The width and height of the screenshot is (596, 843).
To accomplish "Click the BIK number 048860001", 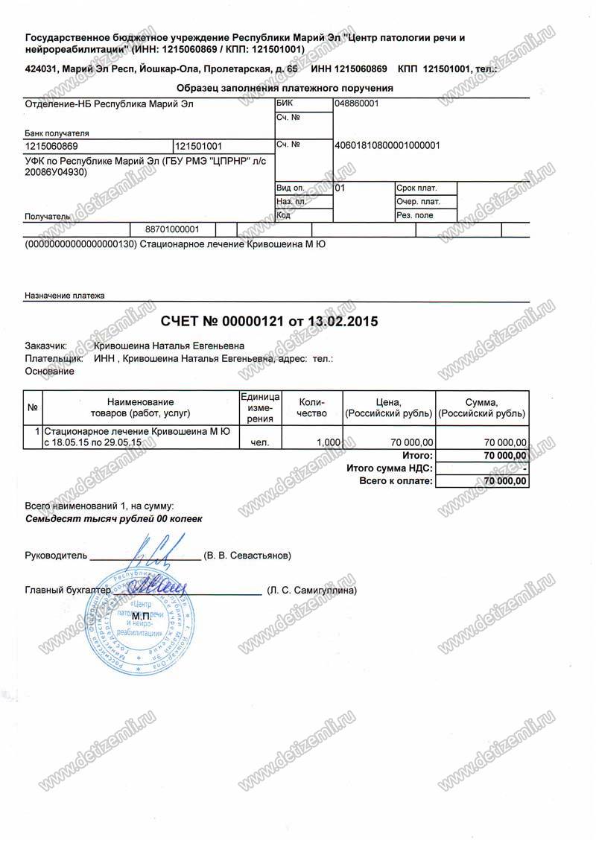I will tap(358, 104).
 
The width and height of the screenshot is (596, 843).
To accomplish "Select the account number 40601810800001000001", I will tap(388, 145).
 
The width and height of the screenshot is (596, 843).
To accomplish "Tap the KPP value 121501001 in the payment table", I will tap(198, 147).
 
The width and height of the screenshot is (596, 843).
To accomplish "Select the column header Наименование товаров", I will tap(140, 407).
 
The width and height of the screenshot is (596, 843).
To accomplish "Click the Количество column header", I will tap(311, 407).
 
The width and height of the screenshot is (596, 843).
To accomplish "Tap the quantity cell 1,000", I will tap(329, 442).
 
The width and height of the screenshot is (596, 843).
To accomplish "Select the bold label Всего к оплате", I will tap(396, 482).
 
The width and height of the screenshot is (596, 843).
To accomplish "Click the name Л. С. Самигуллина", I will tap(312, 591).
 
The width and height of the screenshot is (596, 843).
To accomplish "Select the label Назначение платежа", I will tap(65, 296).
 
